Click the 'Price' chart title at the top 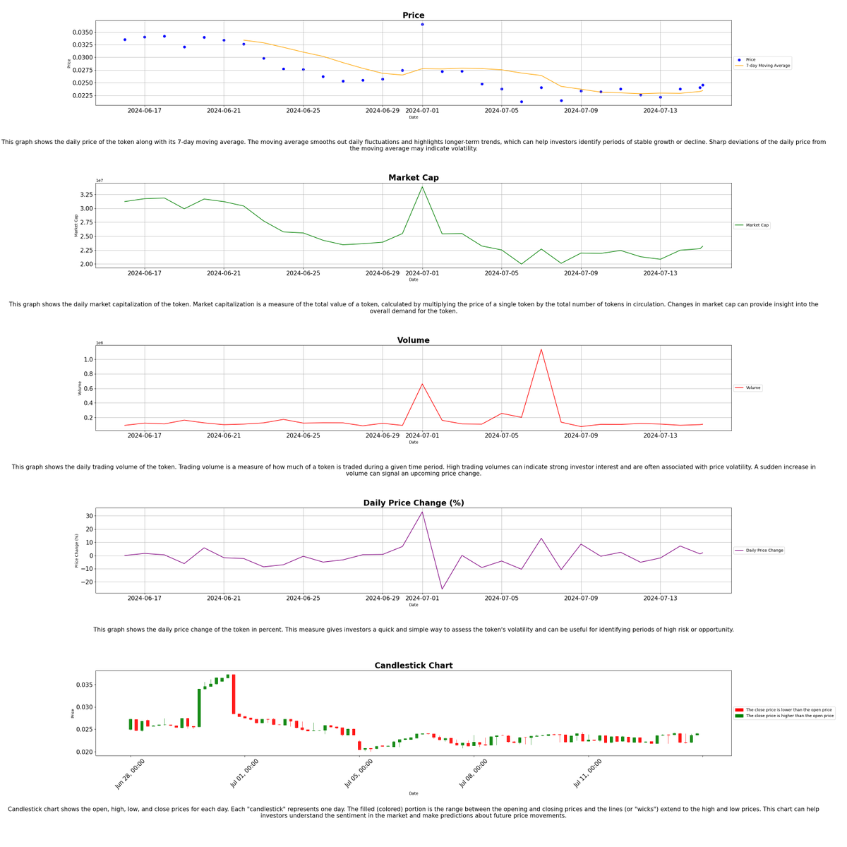click(413, 16)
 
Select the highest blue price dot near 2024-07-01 click(422, 25)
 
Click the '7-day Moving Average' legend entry click(767, 66)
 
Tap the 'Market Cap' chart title click(413, 178)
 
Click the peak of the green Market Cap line click(422, 187)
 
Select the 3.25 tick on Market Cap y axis click(85, 195)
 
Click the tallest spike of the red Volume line click(541, 349)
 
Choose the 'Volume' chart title click(413, 340)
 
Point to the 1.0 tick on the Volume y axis click(88, 359)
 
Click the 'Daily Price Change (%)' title click(413, 503)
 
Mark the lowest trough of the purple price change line click(442, 589)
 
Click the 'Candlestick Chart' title click(413, 666)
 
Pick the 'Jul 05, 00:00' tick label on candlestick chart click(359, 774)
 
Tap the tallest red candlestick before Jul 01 click(234, 694)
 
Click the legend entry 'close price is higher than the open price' click(789, 716)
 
